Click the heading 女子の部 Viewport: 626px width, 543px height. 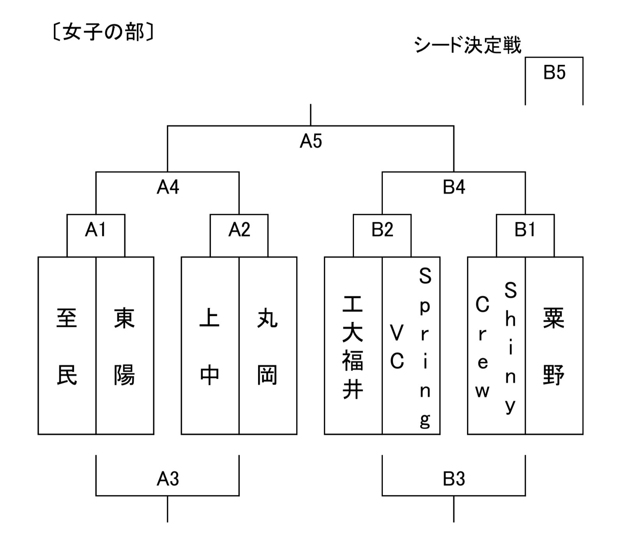coord(103,32)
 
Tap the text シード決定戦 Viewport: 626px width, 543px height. coord(467,45)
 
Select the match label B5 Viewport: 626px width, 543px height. coord(554,73)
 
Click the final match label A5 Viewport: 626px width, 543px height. coord(311,141)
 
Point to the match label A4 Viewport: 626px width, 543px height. coord(168,188)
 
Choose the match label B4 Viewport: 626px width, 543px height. coord(454,188)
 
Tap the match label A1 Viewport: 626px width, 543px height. coord(95,230)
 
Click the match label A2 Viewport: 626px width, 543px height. coord(239,230)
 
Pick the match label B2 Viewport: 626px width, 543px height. coord(382,230)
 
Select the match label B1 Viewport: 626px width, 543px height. coord(525,230)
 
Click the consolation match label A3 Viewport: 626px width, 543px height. coord(168,479)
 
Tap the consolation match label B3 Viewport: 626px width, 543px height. coord(454,479)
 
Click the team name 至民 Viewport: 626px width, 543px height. coord(67,346)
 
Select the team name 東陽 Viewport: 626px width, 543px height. coord(124,346)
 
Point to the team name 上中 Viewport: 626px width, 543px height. coord(210,346)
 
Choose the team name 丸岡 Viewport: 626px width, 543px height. coord(267,346)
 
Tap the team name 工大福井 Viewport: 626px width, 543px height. coord(353,346)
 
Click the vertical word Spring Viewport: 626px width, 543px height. coord(425,347)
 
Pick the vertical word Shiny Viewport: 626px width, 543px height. coord(510,347)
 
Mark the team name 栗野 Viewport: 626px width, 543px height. coord(553,346)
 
